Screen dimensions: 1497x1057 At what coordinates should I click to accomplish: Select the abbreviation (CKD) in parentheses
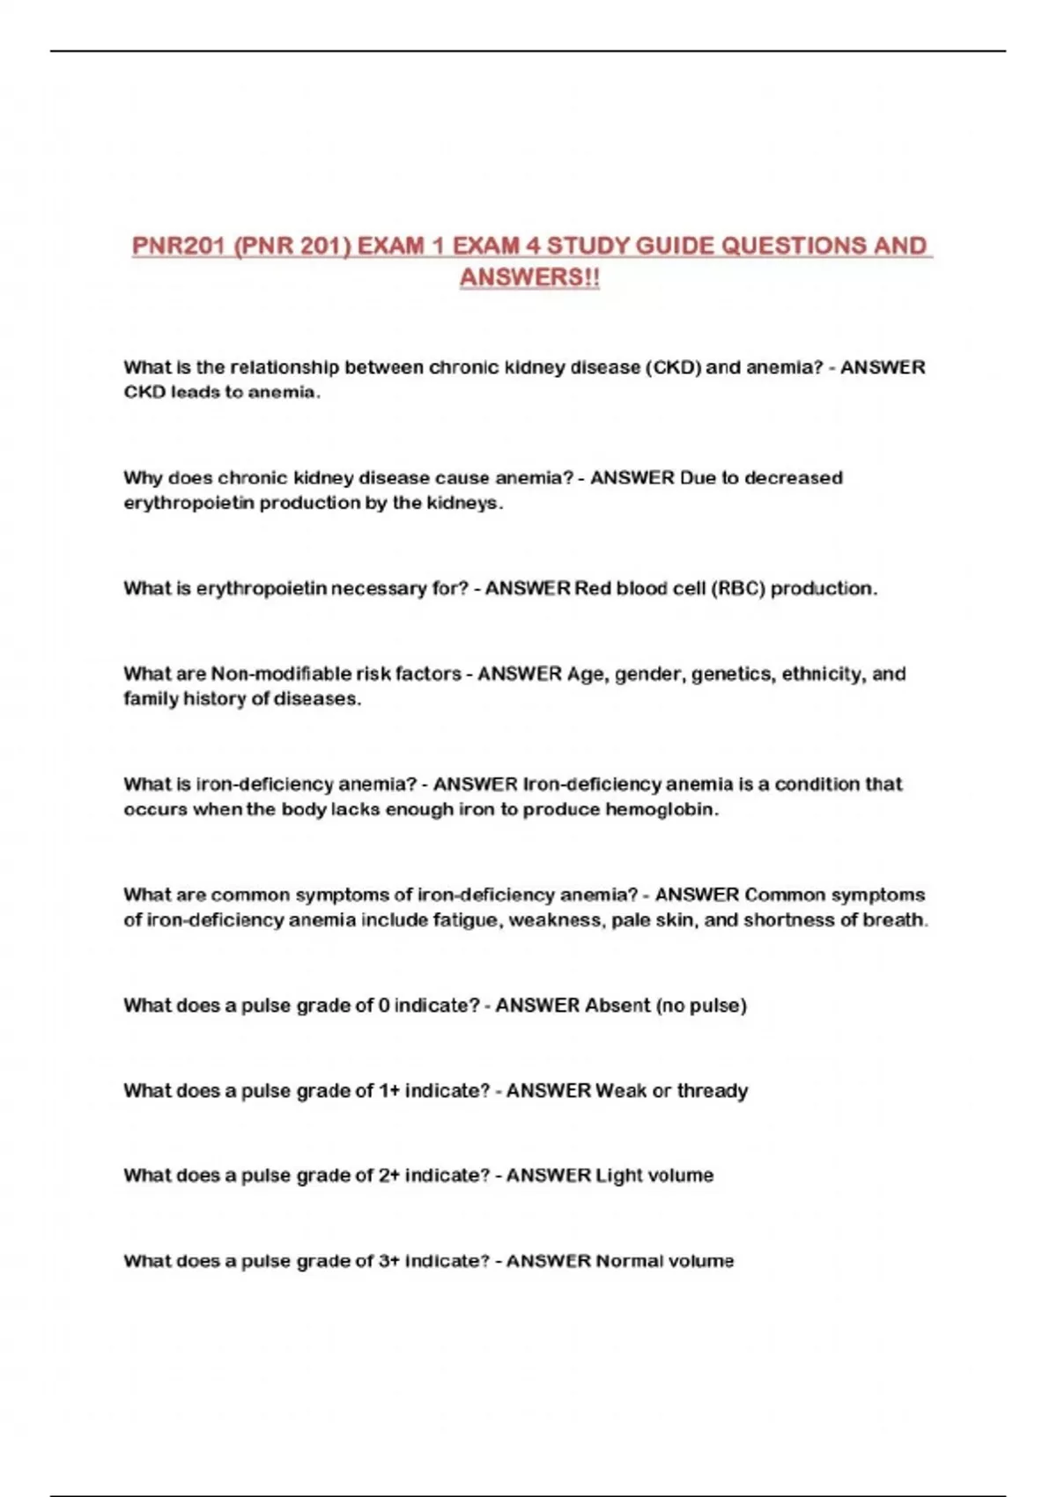click(x=674, y=367)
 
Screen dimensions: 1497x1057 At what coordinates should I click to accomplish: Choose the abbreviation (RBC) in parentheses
click(x=737, y=588)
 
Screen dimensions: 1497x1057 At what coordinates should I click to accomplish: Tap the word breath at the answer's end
click(x=898, y=920)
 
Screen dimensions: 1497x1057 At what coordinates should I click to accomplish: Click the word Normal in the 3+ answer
click(x=628, y=1261)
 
